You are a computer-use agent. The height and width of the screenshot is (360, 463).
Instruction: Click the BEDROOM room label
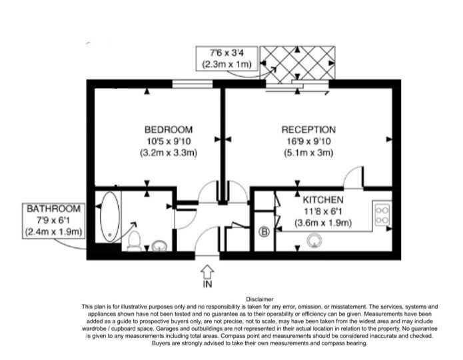pos(169,129)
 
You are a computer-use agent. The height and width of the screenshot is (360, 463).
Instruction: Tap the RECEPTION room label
pos(308,129)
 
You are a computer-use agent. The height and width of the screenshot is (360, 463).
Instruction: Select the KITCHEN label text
pos(323,199)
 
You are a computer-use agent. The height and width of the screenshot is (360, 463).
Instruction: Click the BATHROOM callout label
pos(53,209)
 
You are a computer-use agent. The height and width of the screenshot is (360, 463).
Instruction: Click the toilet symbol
pos(134,241)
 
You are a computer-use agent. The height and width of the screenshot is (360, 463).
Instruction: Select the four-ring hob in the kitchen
pos(382,215)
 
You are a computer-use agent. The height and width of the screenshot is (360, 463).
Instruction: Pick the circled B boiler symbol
pos(264,232)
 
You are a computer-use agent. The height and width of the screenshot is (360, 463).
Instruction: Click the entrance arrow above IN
pos(207,271)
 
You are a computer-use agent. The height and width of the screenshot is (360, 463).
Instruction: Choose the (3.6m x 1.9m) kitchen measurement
pos(323,223)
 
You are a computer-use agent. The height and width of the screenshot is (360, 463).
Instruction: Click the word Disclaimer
pos(260,299)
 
